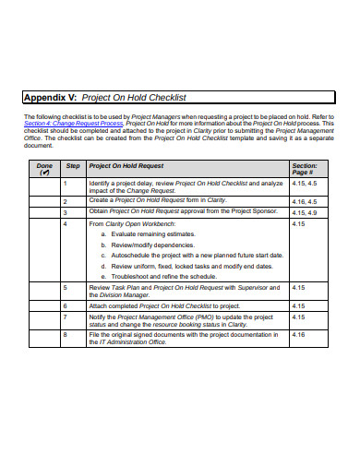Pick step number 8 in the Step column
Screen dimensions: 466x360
coord(66,335)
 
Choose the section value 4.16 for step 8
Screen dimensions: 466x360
coord(298,335)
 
